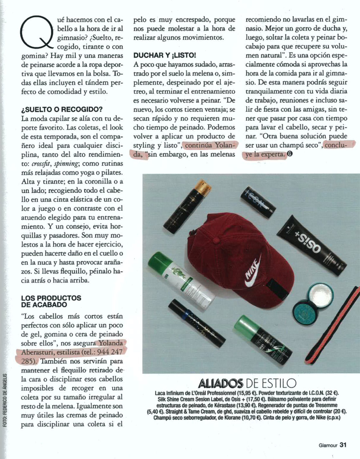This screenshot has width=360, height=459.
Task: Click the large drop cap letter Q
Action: click(35, 33)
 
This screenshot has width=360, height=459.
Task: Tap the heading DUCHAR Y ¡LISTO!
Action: click(164, 55)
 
